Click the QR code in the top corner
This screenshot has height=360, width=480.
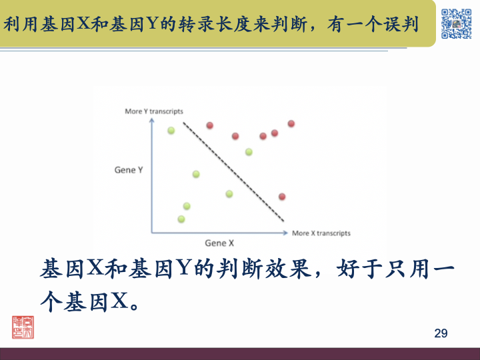tap(456, 23)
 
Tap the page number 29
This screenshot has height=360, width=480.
tap(441, 333)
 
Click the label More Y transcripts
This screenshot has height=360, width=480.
tap(154, 111)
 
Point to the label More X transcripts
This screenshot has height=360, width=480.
tap(321, 233)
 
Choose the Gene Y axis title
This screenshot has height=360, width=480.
tap(129, 170)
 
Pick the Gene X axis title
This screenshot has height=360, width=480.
tap(219, 243)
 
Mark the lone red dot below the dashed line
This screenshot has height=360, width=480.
tap(282, 197)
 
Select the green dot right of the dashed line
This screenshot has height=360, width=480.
tap(249, 152)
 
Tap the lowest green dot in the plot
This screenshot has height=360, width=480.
tap(181, 219)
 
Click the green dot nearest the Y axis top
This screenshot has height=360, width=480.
tap(171, 131)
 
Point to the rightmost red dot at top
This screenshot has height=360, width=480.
tap(291, 123)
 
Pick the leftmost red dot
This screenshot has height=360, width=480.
tap(209, 125)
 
